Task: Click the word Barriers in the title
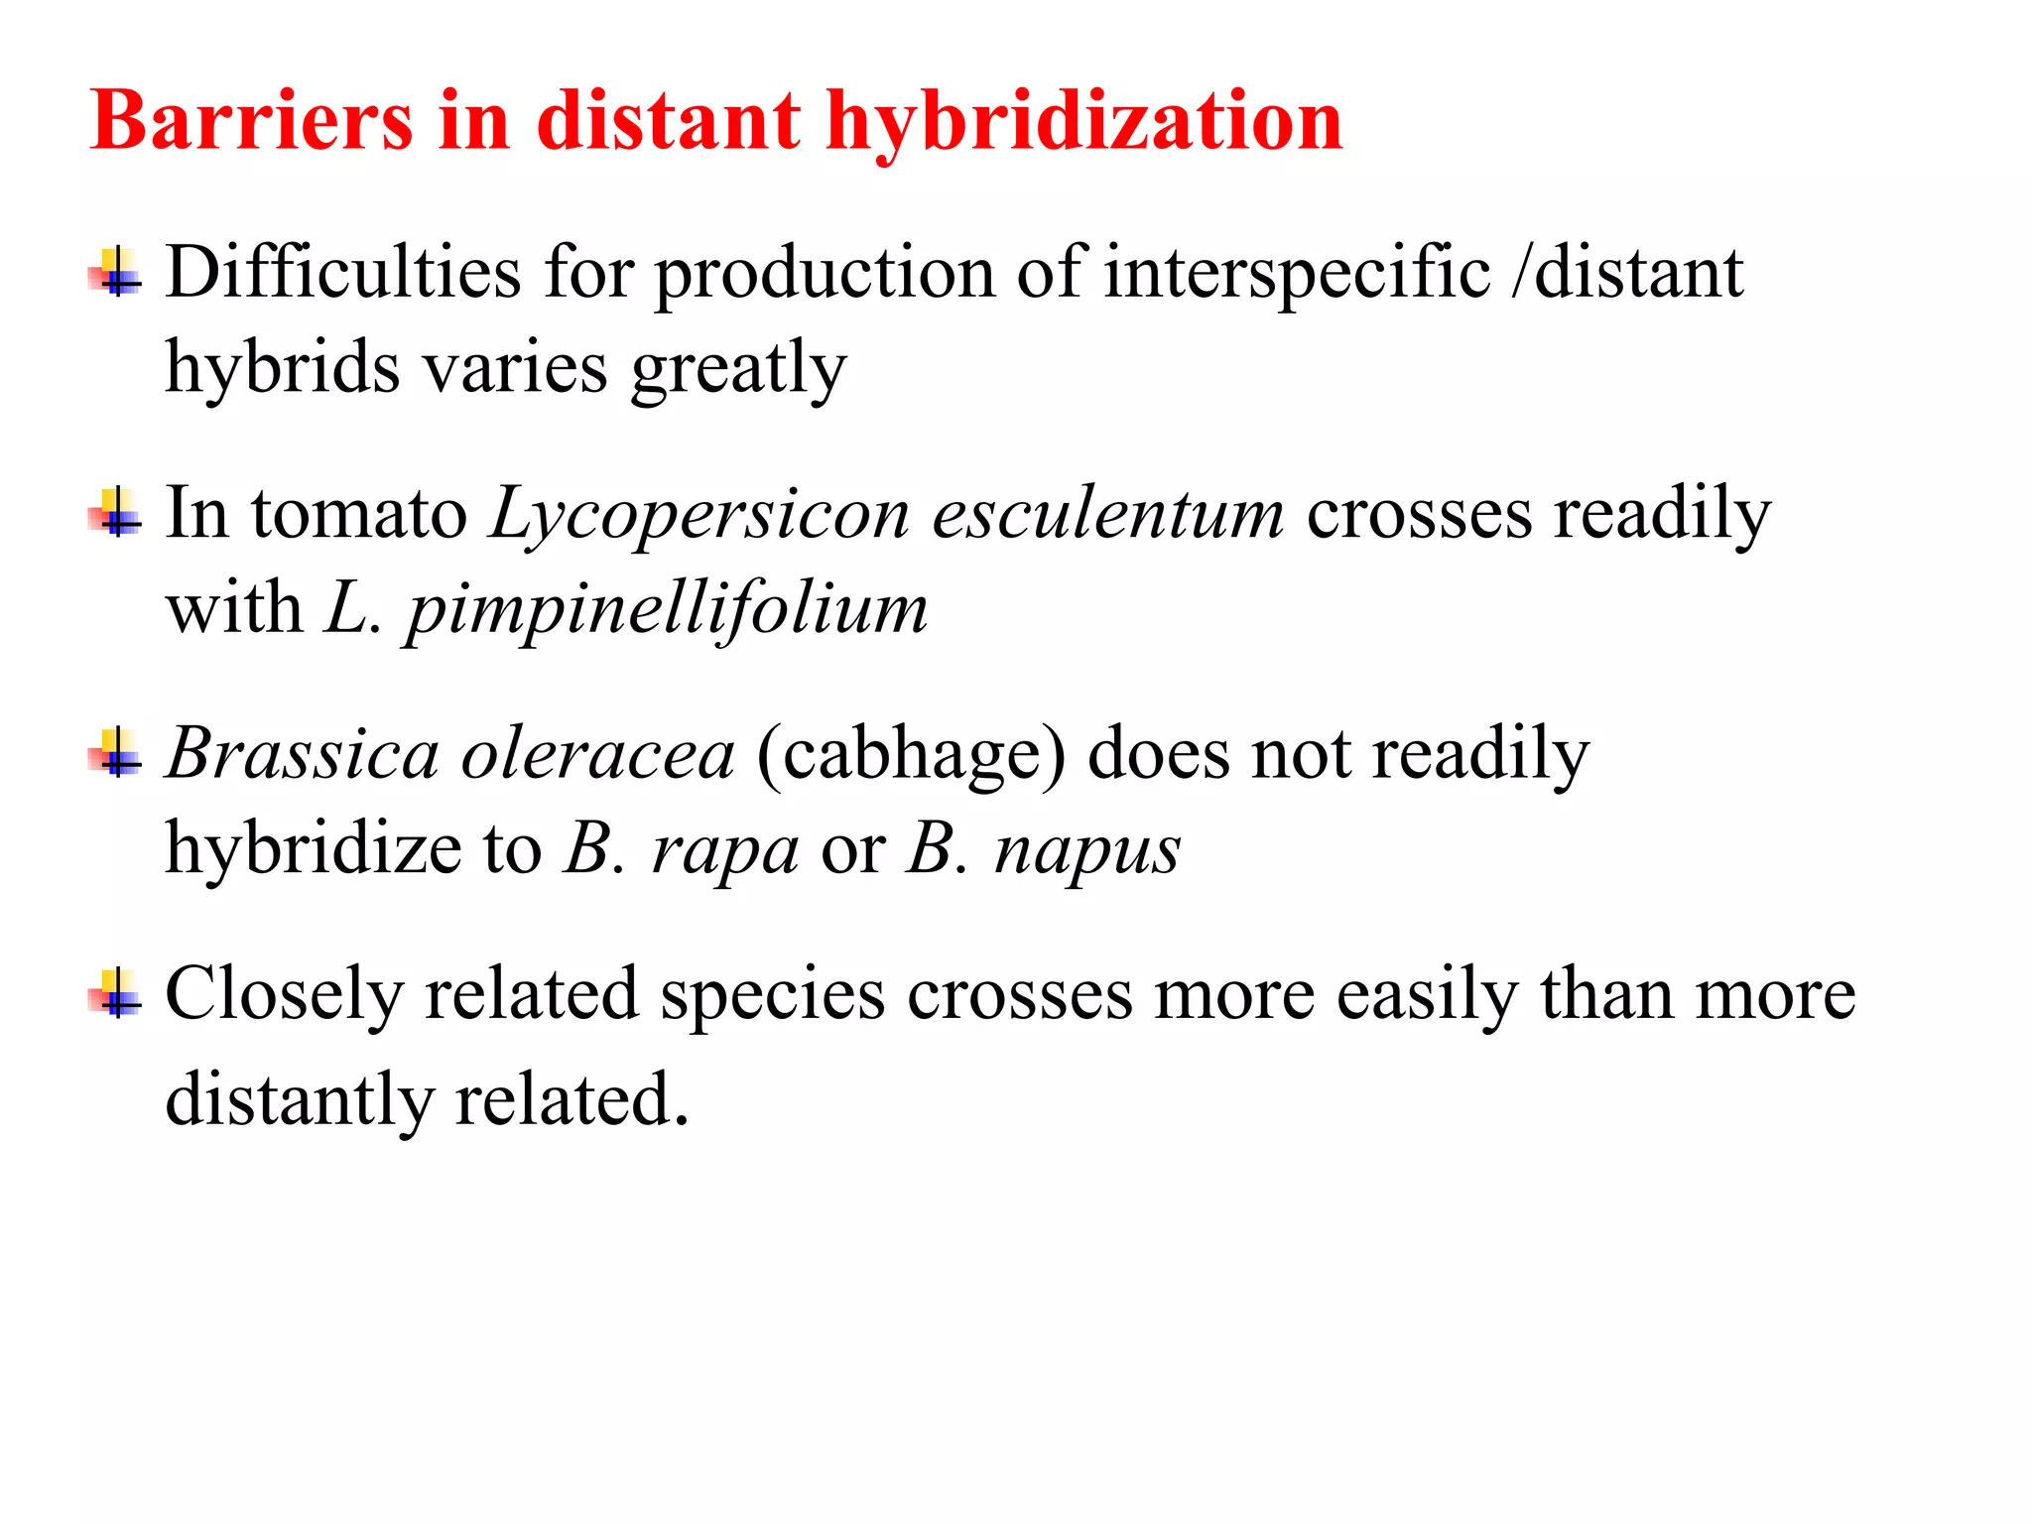pyautogui.click(x=251, y=121)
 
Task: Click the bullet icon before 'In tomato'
pyautogui.click(x=116, y=513)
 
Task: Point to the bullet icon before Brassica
pyautogui.click(x=116, y=754)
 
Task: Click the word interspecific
pyautogui.click(x=1297, y=272)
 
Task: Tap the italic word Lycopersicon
pyautogui.click(x=699, y=514)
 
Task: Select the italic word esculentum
pyautogui.click(x=1107, y=514)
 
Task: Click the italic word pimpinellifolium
pyautogui.click(x=667, y=608)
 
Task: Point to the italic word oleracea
pyautogui.click(x=598, y=754)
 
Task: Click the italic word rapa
pyautogui.click(x=724, y=850)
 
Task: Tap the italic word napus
pyautogui.click(x=1087, y=850)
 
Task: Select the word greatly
pyautogui.click(x=739, y=368)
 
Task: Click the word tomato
pyautogui.click(x=359, y=514)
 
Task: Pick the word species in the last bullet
pyautogui.click(x=773, y=994)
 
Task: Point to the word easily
pyautogui.click(x=1427, y=994)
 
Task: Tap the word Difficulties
pyautogui.click(x=343, y=272)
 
